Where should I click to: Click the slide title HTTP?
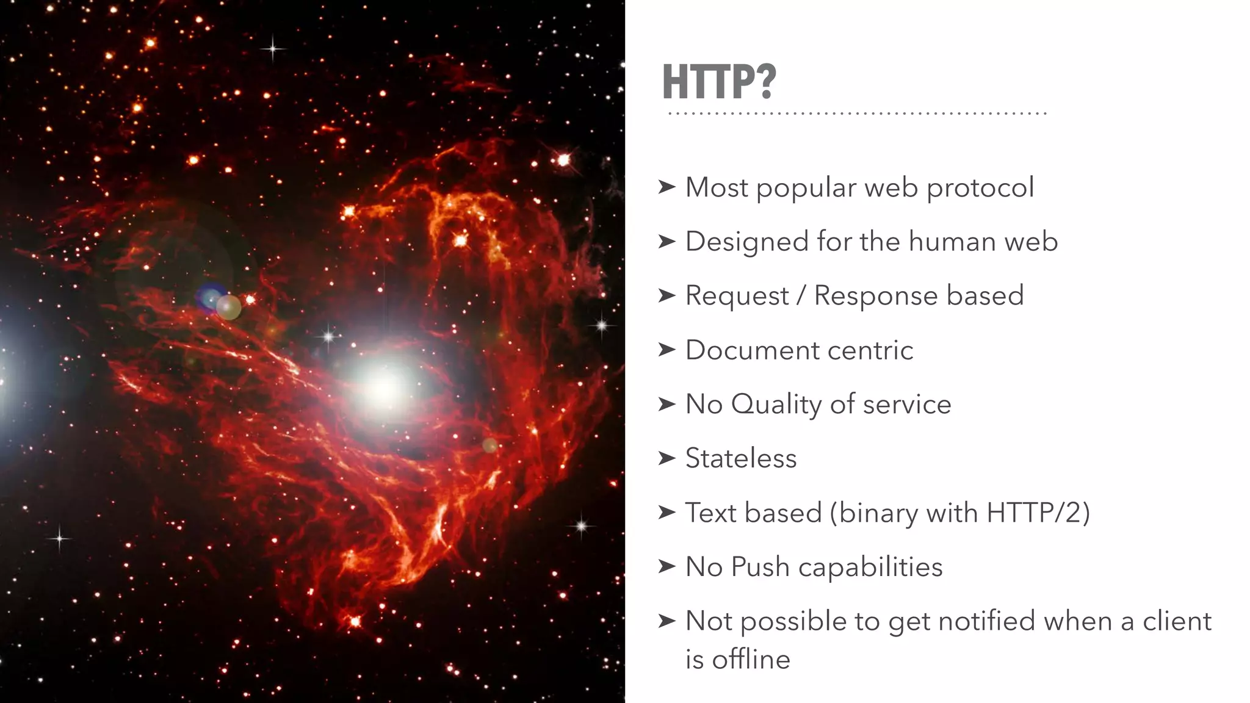point(719,82)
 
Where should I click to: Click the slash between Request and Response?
point(801,296)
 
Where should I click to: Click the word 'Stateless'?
point(741,458)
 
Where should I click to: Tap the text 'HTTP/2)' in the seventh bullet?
point(1038,513)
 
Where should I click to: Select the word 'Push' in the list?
point(760,567)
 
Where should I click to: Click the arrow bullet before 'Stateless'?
point(667,458)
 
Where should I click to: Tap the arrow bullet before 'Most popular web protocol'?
point(667,187)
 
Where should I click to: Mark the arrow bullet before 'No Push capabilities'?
point(667,567)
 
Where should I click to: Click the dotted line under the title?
point(857,114)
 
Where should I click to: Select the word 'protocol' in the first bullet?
point(980,188)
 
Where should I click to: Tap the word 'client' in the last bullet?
point(1177,621)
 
